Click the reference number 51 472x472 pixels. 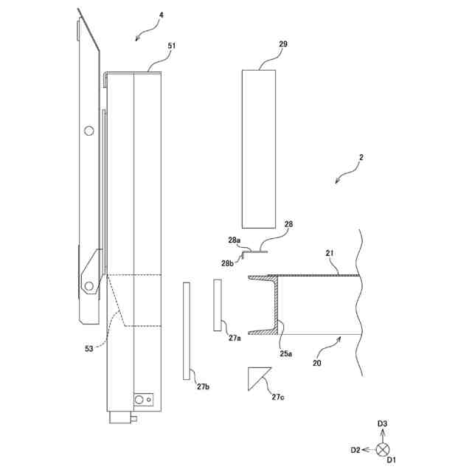pyautogui.click(x=172, y=46)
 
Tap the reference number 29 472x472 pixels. pyautogui.click(x=283, y=44)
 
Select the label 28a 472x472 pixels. pyautogui.click(x=234, y=240)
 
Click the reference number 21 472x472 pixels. pyautogui.click(x=330, y=253)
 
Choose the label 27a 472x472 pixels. pyautogui.click(x=235, y=338)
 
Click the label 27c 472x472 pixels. pyautogui.click(x=277, y=398)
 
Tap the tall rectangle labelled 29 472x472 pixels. pyautogui.click(x=259, y=147)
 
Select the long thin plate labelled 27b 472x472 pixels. pyautogui.click(x=187, y=330)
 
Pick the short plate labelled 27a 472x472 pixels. pyautogui.click(x=218, y=305)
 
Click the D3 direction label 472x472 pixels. pyautogui.click(x=383, y=423)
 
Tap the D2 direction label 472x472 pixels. pyautogui.click(x=355, y=450)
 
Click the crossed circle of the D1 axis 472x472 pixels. pyautogui.click(x=383, y=450)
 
